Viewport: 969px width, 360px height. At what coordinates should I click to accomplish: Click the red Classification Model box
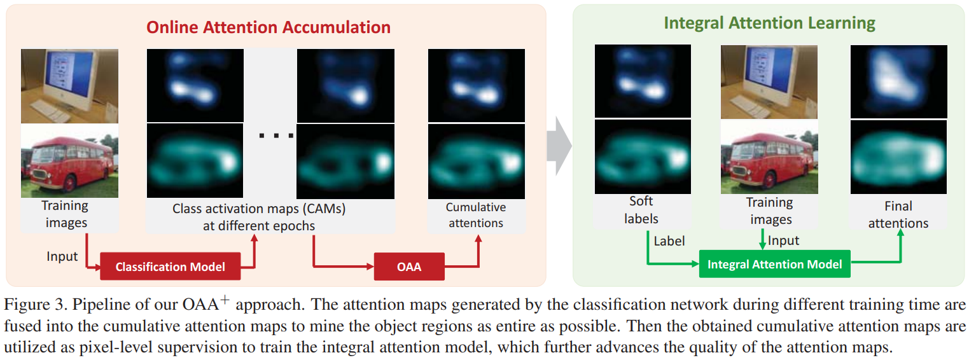(170, 267)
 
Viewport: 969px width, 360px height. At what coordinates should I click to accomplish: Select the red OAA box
(408, 267)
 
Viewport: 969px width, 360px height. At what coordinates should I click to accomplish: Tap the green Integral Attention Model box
(774, 264)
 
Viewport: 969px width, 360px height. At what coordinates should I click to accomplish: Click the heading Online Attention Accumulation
(268, 27)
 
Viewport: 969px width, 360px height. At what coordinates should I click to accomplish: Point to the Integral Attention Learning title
(769, 24)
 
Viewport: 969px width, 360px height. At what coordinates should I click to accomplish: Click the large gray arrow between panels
(559, 146)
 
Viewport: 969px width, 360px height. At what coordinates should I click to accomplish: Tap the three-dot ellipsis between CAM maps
(275, 135)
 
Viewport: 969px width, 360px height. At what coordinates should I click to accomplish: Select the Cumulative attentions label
(476, 215)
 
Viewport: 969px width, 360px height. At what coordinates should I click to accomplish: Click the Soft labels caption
(641, 210)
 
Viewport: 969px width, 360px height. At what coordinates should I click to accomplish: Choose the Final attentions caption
(898, 214)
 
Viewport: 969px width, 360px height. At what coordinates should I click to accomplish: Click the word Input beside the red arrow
(62, 256)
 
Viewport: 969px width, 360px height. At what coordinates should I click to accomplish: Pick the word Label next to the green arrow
(669, 241)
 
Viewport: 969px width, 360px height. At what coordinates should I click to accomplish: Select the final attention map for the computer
(898, 81)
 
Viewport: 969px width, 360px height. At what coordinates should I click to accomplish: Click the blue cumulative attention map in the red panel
(476, 85)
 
